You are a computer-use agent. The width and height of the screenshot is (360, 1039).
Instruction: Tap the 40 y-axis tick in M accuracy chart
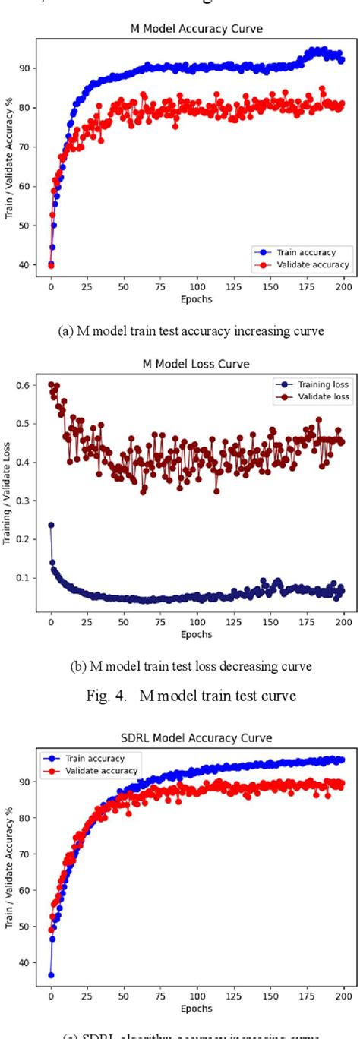pyautogui.click(x=27, y=265)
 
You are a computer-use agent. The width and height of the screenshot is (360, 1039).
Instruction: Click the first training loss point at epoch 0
pyautogui.click(x=51, y=525)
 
